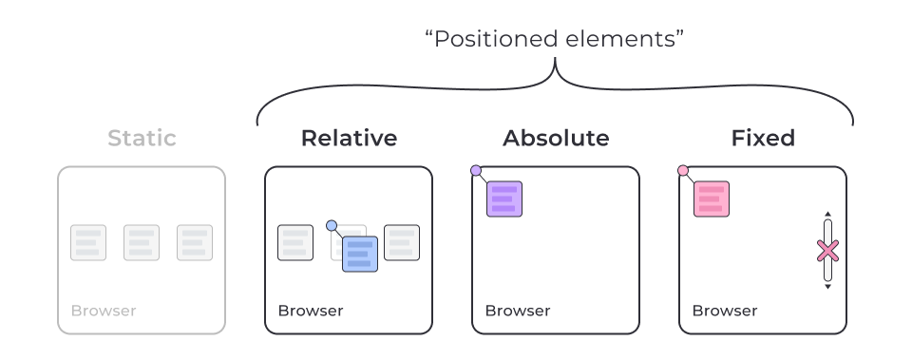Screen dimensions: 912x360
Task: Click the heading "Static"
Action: pyautogui.click(x=142, y=138)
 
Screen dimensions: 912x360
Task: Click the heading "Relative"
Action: pyautogui.click(x=349, y=138)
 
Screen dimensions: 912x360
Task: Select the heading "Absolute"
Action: pyautogui.click(x=556, y=138)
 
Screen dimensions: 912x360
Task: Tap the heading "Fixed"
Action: pyautogui.click(x=763, y=138)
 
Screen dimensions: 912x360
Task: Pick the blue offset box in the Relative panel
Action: pyautogui.click(x=360, y=255)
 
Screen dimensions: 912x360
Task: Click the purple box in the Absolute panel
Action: pyautogui.click(x=504, y=199)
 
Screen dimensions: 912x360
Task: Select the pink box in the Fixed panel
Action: pyautogui.click(x=712, y=199)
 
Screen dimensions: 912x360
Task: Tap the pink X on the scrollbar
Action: pyautogui.click(x=827, y=252)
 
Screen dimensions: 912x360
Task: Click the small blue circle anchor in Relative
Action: pyautogui.click(x=332, y=226)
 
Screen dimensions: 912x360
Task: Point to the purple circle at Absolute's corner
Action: pyautogui.click(x=476, y=170)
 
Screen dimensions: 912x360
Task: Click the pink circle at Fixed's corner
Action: pyautogui.click(x=683, y=170)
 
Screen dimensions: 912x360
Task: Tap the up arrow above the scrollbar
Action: pyautogui.click(x=828, y=214)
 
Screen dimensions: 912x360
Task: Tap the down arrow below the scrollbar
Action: pyautogui.click(x=828, y=287)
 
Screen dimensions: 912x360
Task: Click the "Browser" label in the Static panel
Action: pyautogui.click(x=104, y=311)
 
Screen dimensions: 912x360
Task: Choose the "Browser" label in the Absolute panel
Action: pyautogui.click(x=518, y=311)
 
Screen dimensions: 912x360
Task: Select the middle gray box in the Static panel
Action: pyautogui.click(x=142, y=242)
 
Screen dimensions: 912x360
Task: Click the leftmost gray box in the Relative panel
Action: pyautogui.click(x=295, y=242)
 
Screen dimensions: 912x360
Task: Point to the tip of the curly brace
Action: pyautogui.click(x=556, y=57)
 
